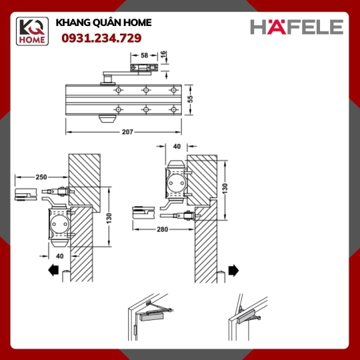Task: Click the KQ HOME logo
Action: [32, 31]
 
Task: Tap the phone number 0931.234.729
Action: [101, 38]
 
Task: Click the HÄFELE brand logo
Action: [297, 27]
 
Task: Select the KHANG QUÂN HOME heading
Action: [103, 23]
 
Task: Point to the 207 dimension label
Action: [127, 132]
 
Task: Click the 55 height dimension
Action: [190, 99]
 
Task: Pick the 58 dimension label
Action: [145, 55]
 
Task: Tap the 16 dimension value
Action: [163, 55]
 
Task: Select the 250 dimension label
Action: [41, 177]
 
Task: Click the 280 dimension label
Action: [162, 229]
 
